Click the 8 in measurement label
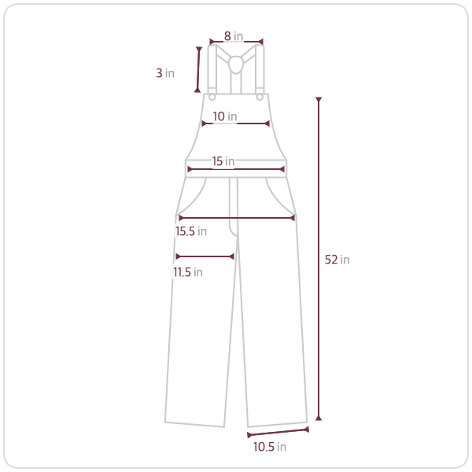[x=234, y=36]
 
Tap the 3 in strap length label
[x=165, y=73]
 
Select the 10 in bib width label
[x=224, y=116]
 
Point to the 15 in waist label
[x=223, y=161]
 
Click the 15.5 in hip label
[x=191, y=231]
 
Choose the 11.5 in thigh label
[x=188, y=272]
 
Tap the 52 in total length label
[x=337, y=260]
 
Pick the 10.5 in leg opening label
[x=269, y=447]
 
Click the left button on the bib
[x=212, y=98]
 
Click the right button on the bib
[x=260, y=98]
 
